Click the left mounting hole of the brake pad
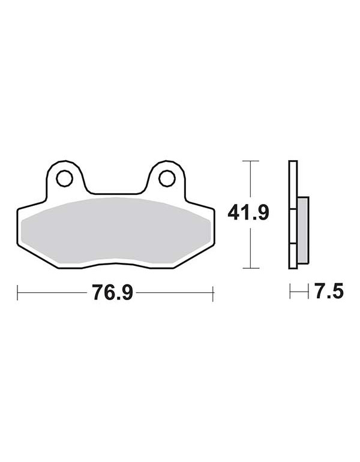[x=64, y=178]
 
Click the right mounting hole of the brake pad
[x=167, y=178]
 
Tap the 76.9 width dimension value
[x=113, y=292]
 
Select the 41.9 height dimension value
[x=248, y=213]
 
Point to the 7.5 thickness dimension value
[x=329, y=291]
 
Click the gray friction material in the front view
[x=116, y=230]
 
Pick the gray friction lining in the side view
[x=303, y=230]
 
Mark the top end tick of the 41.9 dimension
[x=250, y=161]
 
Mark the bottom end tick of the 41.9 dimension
[x=250, y=268]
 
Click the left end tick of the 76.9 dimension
[x=17, y=293]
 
